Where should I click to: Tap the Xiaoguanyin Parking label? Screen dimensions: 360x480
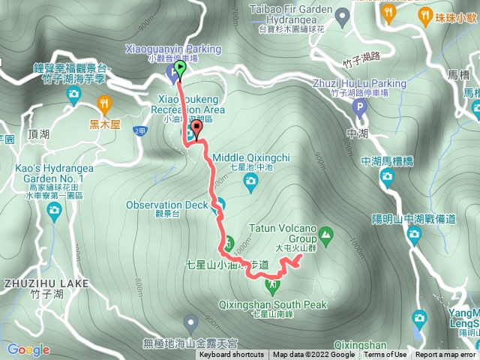point(175,49)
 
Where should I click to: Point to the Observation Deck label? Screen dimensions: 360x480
point(166,205)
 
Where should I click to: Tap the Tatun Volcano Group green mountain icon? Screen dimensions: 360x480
point(326,232)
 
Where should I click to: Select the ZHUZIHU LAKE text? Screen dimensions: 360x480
point(46,283)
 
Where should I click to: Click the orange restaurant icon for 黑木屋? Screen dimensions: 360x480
point(104,103)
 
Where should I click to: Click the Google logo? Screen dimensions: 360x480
point(28,349)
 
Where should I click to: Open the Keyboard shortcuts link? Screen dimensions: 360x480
point(232,355)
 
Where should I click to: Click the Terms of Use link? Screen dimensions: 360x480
point(385,355)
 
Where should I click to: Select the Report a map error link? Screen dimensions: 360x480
point(445,355)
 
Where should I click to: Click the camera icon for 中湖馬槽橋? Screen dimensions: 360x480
point(387,176)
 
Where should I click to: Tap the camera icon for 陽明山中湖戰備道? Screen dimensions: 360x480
point(414,235)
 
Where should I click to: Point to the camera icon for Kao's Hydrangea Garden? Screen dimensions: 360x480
point(54,213)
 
